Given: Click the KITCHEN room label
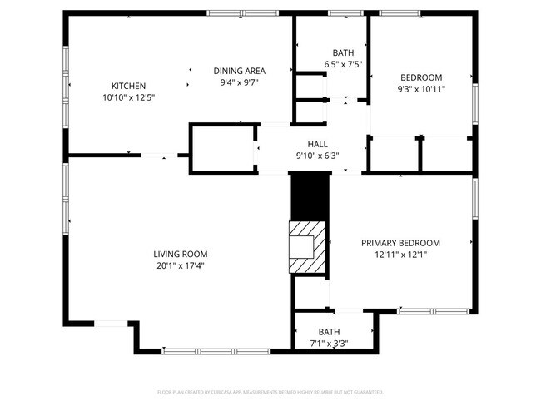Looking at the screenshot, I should (x=129, y=86).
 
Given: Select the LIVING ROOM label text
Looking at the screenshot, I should (x=180, y=254).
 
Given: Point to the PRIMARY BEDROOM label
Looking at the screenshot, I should (x=400, y=243).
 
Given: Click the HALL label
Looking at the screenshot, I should (x=318, y=143).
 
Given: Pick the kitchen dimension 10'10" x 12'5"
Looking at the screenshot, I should (x=129, y=97).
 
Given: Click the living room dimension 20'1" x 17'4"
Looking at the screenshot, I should (x=180, y=265).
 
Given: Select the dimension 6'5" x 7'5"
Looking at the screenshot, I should (x=343, y=64).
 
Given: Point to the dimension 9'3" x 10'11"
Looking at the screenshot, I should (x=421, y=88).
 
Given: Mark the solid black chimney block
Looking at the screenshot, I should (x=310, y=197).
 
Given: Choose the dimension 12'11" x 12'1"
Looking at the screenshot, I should (x=400, y=255).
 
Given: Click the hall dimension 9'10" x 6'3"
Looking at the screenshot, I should (x=318, y=155).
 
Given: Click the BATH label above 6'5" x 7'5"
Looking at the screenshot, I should (x=343, y=52).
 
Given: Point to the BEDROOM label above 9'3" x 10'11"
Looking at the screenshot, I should (x=421, y=77).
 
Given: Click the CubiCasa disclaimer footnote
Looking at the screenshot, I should (x=270, y=392).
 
